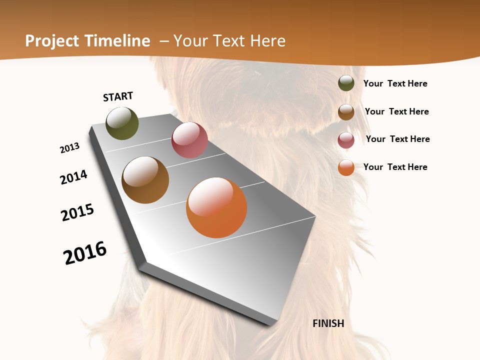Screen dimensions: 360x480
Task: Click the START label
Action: [x=118, y=96]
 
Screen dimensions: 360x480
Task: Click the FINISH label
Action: [x=328, y=323]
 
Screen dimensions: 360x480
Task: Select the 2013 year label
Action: [x=70, y=148]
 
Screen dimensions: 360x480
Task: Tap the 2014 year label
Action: [x=74, y=177]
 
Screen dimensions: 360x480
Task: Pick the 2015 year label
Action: [x=77, y=212]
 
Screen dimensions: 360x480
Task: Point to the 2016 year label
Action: [x=85, y=253]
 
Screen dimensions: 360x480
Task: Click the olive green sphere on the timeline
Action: [x=122, y=123]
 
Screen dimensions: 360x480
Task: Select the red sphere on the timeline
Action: [x=189, y=140]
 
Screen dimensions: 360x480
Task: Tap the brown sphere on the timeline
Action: [x=145, y=180]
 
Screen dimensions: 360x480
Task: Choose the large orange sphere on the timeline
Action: [x=216, y=207]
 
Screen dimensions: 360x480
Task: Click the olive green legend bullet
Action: [x=346, y=83]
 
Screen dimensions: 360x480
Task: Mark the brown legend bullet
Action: [x=346, y=112]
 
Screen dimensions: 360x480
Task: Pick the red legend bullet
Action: [x=346, y=140]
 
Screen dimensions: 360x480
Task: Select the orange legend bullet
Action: [x=346, y=167]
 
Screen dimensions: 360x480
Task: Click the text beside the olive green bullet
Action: [x=395, y=84]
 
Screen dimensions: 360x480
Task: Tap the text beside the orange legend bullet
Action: [x=395, y=167]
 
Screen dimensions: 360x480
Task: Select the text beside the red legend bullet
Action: [x=397, y=139]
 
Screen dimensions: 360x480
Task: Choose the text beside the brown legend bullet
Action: [x=396, y=111]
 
